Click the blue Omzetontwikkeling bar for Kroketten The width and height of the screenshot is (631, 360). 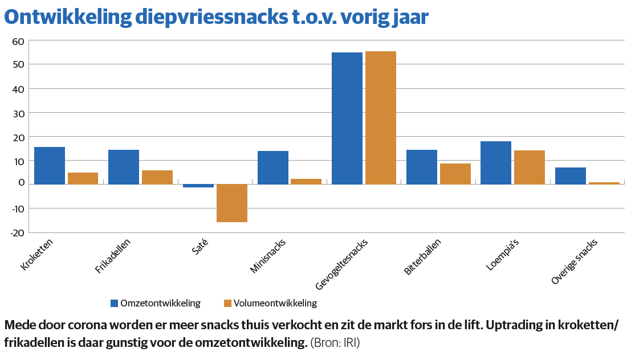50,165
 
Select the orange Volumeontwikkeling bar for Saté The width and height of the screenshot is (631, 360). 232,203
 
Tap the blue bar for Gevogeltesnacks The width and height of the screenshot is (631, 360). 347,118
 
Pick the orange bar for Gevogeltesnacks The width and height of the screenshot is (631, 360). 381,117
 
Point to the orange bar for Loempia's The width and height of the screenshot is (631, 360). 530,167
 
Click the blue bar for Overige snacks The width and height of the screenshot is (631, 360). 571,175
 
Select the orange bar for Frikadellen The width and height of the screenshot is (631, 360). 157,177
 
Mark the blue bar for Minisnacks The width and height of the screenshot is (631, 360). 273,167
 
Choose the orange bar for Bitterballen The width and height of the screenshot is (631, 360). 455,174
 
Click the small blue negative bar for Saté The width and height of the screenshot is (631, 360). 198,186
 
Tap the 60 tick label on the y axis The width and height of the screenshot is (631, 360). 18,41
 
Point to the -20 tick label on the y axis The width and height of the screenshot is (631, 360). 17,232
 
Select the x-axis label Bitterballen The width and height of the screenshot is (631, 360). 422,257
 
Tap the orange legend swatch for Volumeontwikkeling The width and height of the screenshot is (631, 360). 227,303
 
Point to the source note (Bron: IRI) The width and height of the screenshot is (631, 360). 335,343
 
